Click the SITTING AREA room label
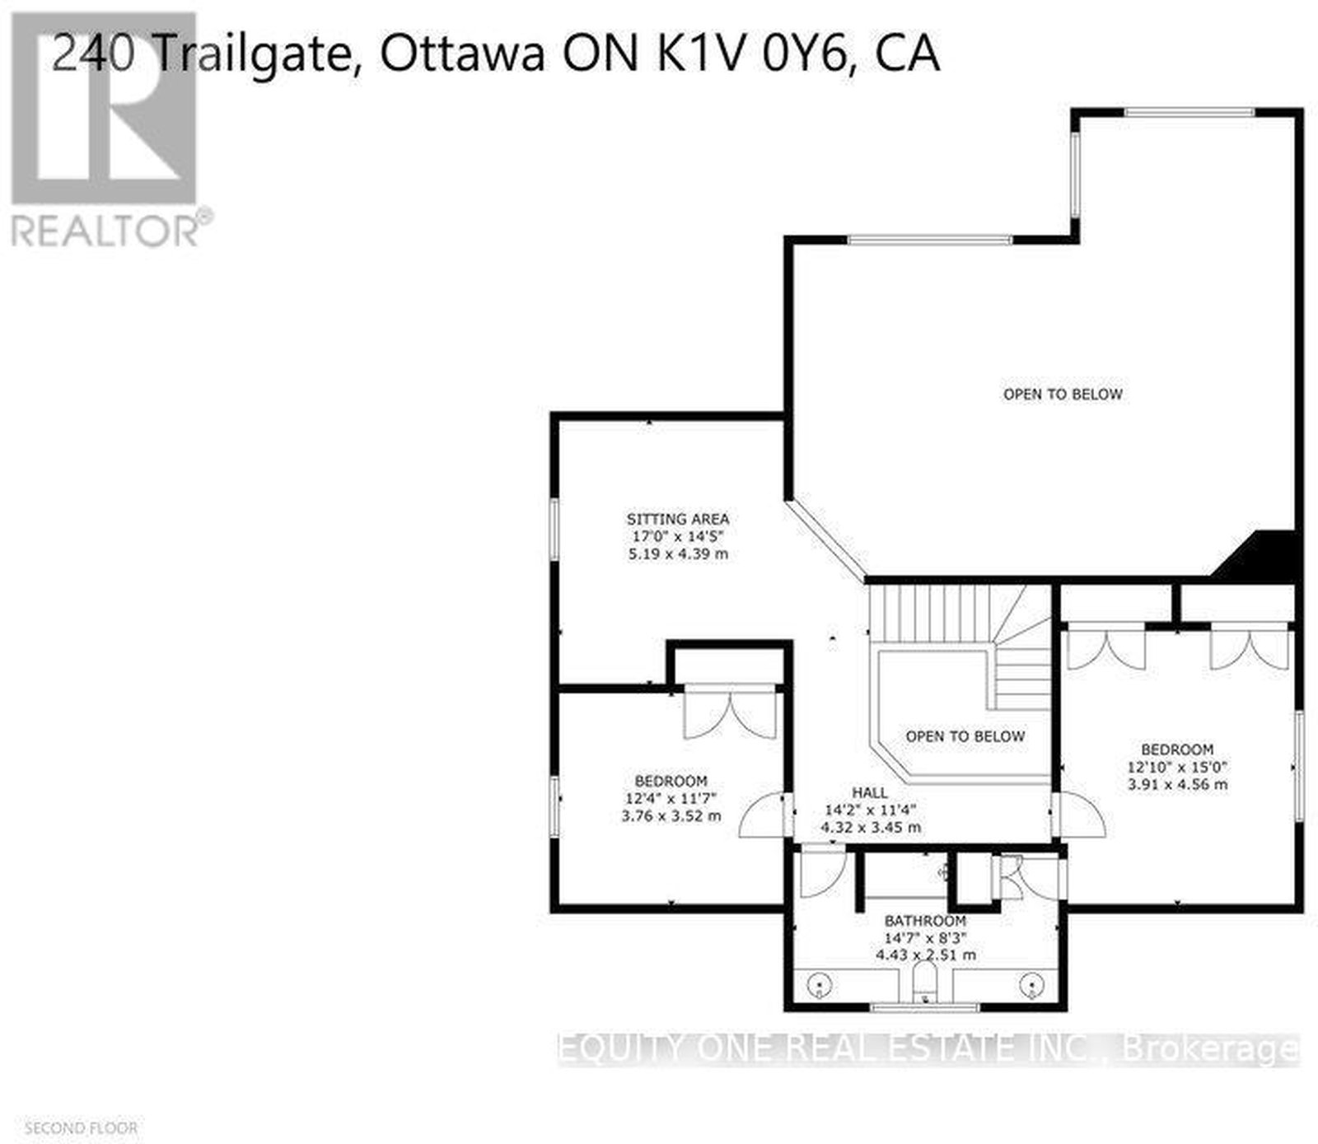pos(678,519)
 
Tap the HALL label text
pos(870,792)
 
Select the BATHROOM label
pos(925,921)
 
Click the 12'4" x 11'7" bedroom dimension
pos(671,798)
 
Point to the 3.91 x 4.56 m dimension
pos(1177,784)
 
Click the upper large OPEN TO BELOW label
pos(1063,394)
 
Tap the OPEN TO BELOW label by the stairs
pos(965,735)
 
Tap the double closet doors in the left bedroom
pos(731,712)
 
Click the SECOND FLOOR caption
pos(82,1128)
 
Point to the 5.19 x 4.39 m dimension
pos(678,554)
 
